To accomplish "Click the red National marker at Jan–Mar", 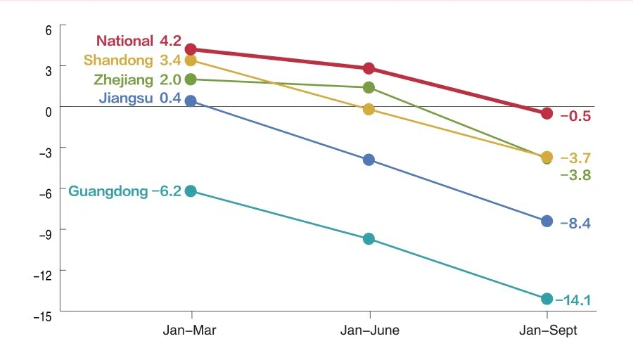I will tap(191, 49).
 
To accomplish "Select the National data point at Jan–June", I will tap(369, 68).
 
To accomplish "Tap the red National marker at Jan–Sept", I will tap(546, 113).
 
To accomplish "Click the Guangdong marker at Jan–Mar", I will tap(191, 191).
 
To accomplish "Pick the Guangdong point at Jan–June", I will tap(369, 239).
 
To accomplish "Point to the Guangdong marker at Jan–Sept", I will tap(546, 299).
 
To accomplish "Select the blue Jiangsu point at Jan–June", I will tap(369, 160).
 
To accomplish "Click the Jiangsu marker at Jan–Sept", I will tap(546, 221).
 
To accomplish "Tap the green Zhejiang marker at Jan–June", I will tap(369, 87).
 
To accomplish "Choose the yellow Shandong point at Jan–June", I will tap(369, 109).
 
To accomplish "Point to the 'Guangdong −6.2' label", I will tap(124, 191).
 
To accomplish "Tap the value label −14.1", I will tap(573, 301).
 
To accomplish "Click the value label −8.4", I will tap(575, 224).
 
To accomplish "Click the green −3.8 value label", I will tap(575, 176).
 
